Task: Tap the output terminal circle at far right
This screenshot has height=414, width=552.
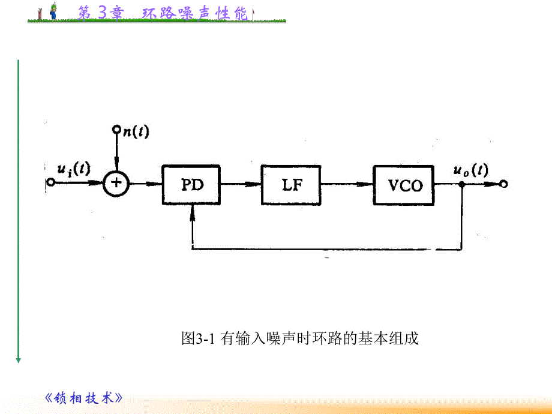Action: pos(504,184)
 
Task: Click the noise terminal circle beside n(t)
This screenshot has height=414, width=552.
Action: pos(117,130)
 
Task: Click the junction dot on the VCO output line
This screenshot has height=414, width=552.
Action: pos(461,185)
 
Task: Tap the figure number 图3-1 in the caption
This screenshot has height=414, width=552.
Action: pos(197,339)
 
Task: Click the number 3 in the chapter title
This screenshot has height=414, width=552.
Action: pos(101,13)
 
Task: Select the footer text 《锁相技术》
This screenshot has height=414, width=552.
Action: pos(84,398)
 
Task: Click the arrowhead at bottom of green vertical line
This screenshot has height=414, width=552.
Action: pos(19,359)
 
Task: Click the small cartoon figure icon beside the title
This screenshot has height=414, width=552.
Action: pos(54,11)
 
